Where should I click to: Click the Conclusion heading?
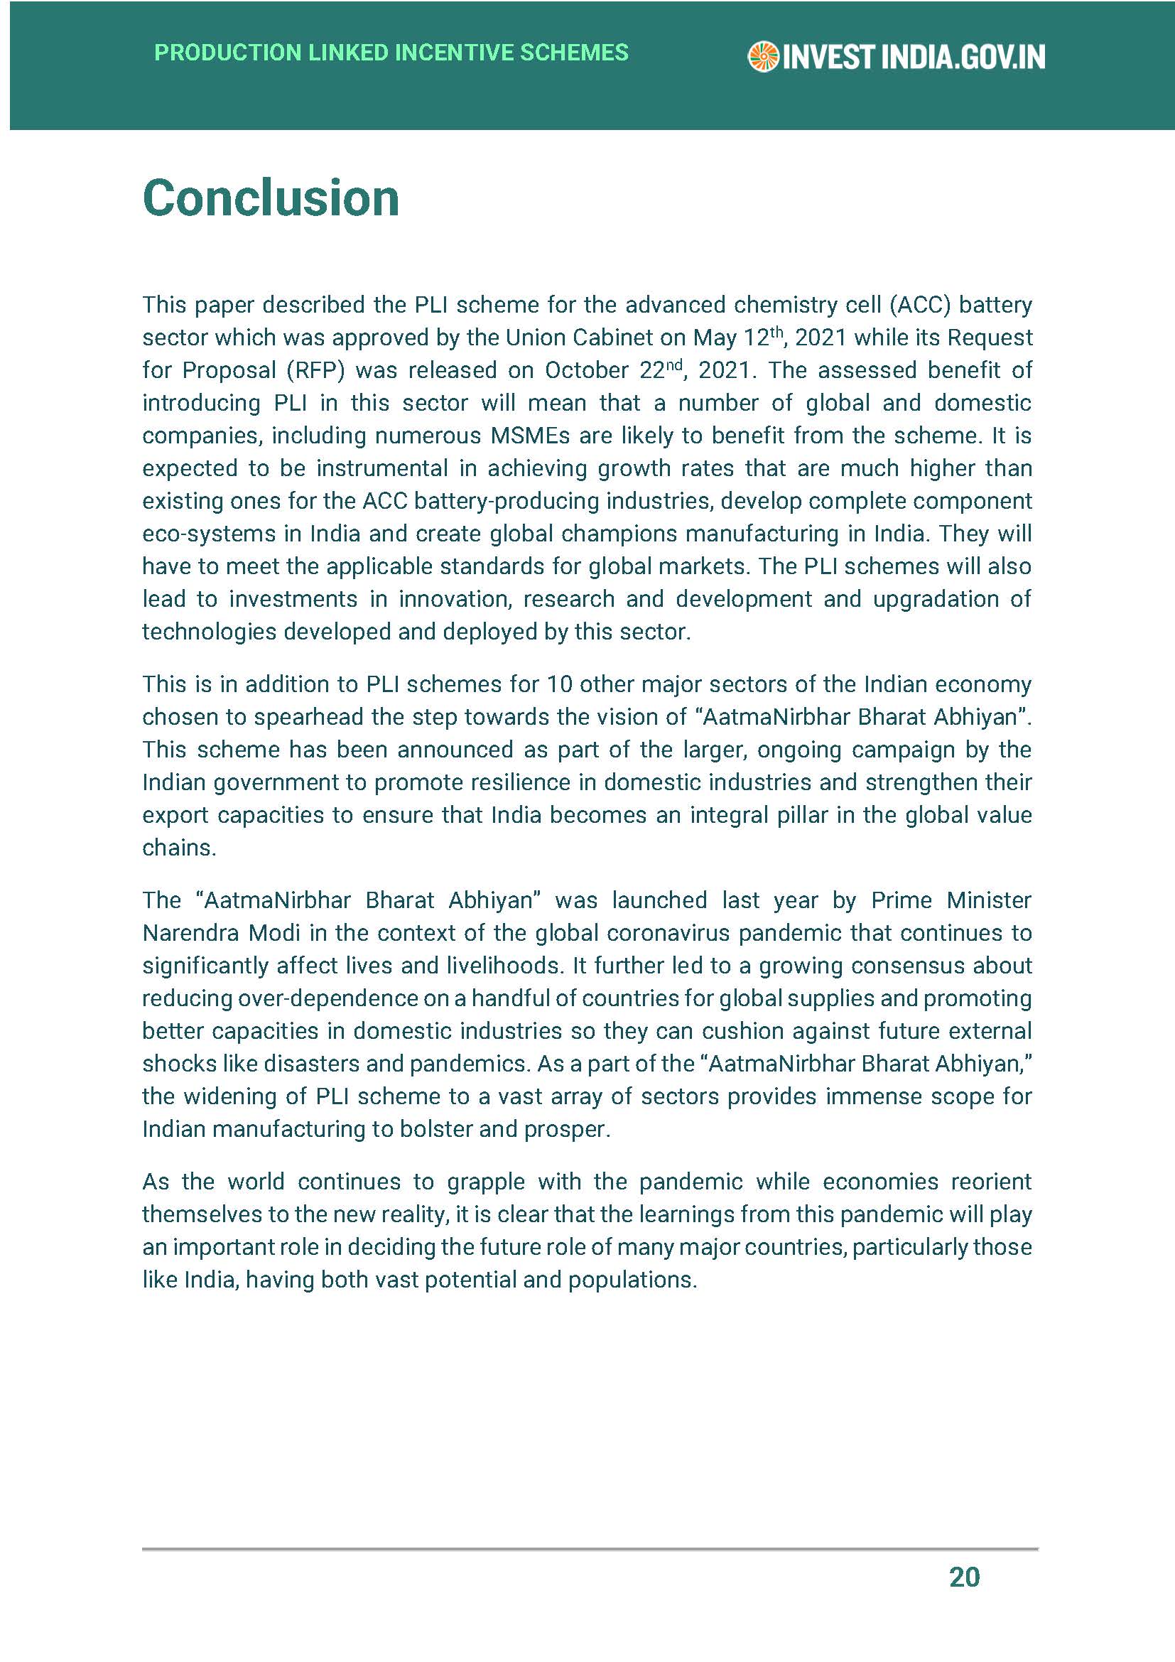click(x=271, y=198)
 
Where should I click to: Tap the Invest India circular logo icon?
click(x=762, y=57)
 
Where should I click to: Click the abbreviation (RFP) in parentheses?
click(x=315, y=371)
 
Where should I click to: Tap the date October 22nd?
click(x=612, y=371)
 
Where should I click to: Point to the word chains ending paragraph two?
click(x=178, y=848)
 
